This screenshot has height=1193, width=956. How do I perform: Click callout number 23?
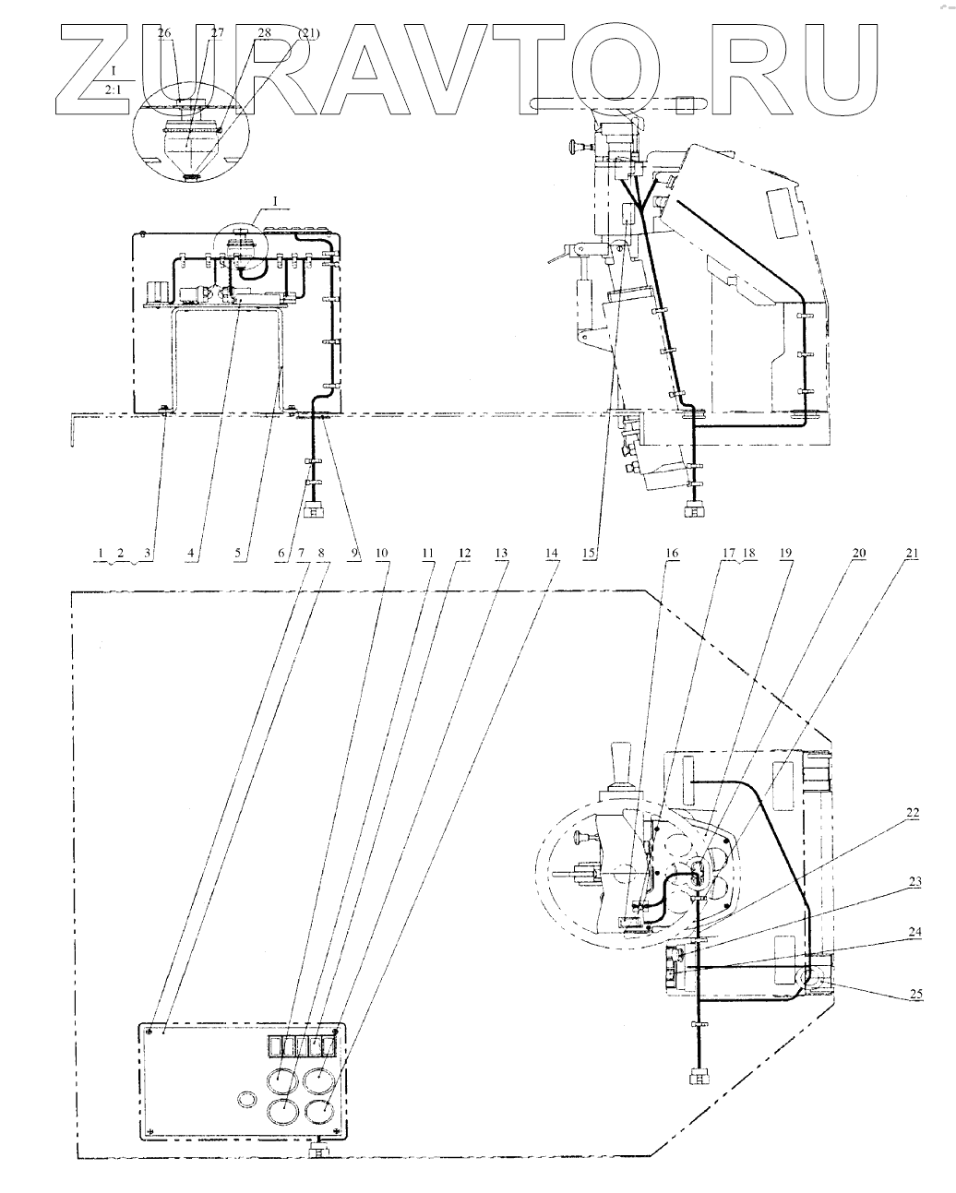914,882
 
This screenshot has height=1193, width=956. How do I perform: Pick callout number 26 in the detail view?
164,33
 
